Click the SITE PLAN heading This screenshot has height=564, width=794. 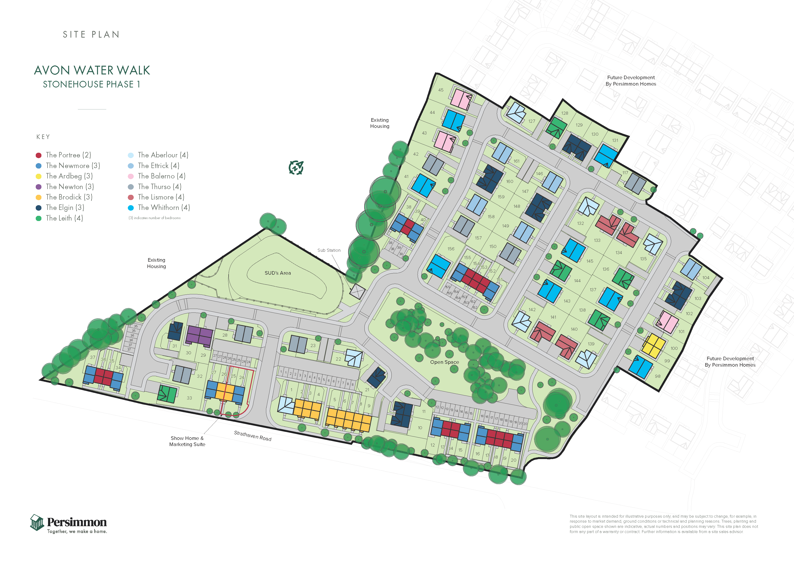tap(91, 34)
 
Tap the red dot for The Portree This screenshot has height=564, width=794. tap(39, 155)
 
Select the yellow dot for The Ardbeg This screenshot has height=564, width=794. tap(39, 176)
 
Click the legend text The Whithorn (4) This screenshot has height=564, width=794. tap(164, 208)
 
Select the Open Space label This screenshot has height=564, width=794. tap(444, 362)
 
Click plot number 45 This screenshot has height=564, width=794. tap(441, 90)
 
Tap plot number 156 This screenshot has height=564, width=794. tap(451, 249)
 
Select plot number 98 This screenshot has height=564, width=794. tap(657, 376)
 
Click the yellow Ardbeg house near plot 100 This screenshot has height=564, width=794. tap(654, 346)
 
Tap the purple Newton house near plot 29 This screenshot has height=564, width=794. tap(199, 335)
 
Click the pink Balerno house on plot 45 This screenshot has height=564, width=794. tap(461, 99)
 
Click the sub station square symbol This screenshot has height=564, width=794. tap(357, 291)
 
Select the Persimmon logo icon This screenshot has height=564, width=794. tap(37, 523)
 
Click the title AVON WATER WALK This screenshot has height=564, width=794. tap(92, 70)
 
